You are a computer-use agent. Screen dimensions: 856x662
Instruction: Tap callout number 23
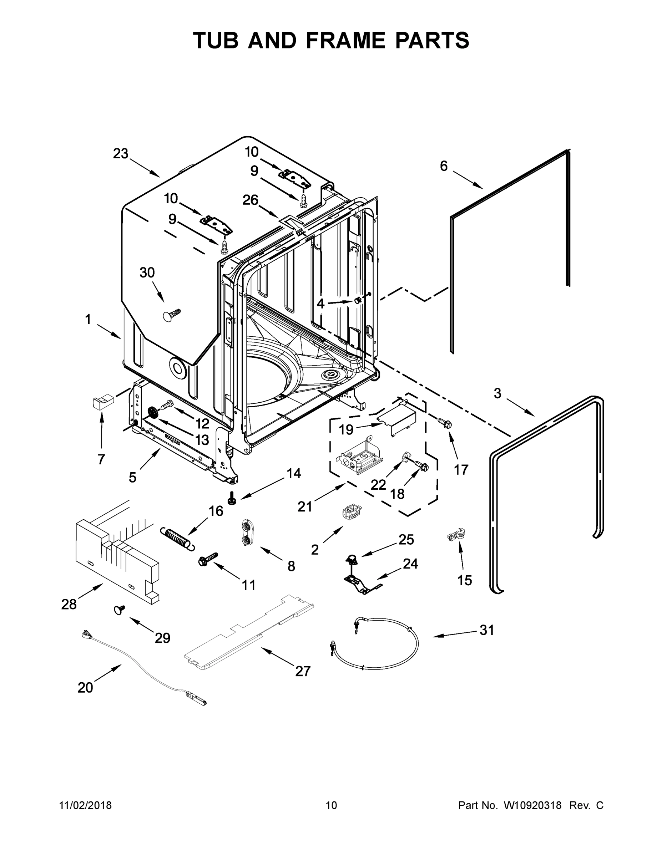(120, 154)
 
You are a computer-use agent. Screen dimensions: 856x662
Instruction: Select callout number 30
(147, 272)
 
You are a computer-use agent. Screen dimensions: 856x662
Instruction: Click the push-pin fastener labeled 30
(171, 314)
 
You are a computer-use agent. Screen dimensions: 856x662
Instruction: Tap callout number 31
(487, 630)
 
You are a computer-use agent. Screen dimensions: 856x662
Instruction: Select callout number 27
(303, 671)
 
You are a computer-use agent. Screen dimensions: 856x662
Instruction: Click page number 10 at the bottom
(332, 805)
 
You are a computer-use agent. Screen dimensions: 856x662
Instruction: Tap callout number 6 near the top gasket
(444, 166)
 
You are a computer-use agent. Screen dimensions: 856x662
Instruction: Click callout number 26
(250, 200)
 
